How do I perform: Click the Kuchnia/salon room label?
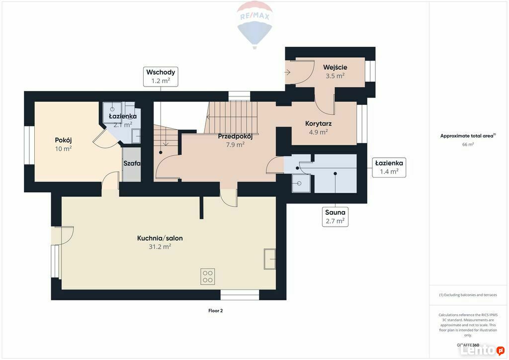point(160,238)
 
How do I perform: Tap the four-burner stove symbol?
point(207,276)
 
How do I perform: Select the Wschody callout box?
point(161,77)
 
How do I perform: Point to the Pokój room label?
point(63,140)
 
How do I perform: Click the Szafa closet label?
point(132,163)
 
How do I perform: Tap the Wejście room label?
point(335,68)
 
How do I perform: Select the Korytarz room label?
point(319,124)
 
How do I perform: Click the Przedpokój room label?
point(235,136)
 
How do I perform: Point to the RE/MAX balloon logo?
point(255,25)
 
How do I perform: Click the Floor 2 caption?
point(216,311)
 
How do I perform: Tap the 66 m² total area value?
point(468,144)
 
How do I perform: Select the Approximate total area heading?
point(468,136)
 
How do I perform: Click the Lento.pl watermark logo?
point(482,350)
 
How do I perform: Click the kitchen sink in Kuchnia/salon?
point(270,259)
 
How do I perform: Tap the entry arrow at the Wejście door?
point(288,73)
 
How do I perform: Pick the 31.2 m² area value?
point(160,247)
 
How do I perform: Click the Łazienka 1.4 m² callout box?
point(389,168)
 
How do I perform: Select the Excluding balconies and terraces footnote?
point(468,295)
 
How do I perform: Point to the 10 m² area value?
point(63,149)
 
